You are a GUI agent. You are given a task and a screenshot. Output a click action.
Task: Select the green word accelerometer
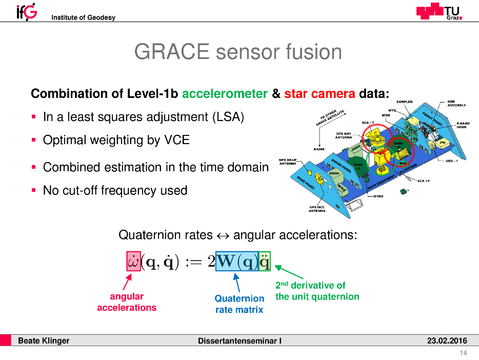coord(225,94)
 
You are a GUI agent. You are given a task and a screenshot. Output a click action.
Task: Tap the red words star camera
coord(319,94)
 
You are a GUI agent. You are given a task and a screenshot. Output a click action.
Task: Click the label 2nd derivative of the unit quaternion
coord(317,291)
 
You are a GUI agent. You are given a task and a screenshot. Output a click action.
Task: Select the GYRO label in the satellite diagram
coord(379,196)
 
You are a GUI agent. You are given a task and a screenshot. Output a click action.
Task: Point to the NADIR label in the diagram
coord(319,149)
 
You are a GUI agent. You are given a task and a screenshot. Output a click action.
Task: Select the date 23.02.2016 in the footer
coord(447,341)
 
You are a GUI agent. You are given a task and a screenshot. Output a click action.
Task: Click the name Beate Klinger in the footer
coord(44,341)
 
